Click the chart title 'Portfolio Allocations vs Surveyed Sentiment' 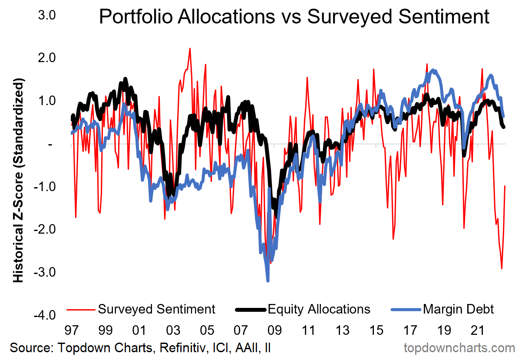click(294, 17)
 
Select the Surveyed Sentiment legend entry click(156, 309)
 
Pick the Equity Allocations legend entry click(319, 309)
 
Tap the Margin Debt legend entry click(458, 309)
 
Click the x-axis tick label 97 click(71, 331)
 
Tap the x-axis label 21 click(478, 331)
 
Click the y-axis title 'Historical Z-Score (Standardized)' click(18, 180)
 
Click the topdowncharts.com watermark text click(459, 348)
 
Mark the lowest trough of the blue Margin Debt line click(267, 281)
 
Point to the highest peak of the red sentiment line click(190, 48)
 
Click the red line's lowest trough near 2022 click(502, 269)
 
